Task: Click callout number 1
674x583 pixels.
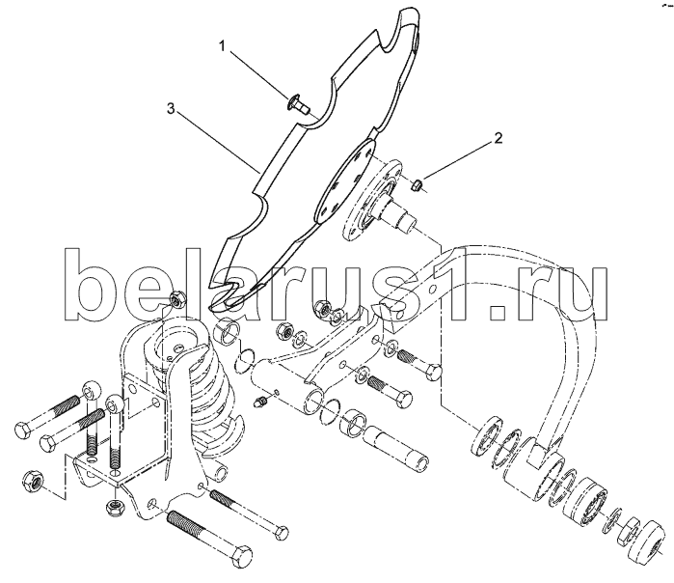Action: click(222, 45)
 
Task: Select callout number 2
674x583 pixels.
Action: click(498, 138)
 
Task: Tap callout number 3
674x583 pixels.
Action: click(171, 109)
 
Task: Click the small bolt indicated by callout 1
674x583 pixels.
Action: click(298, 104)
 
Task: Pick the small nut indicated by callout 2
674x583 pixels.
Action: click(417, 186)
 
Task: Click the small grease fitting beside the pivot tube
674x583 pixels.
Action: click(261, 403)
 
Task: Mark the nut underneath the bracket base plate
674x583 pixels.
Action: click(115, 507)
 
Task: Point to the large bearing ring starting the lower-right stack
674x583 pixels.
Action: click(488, 436)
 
